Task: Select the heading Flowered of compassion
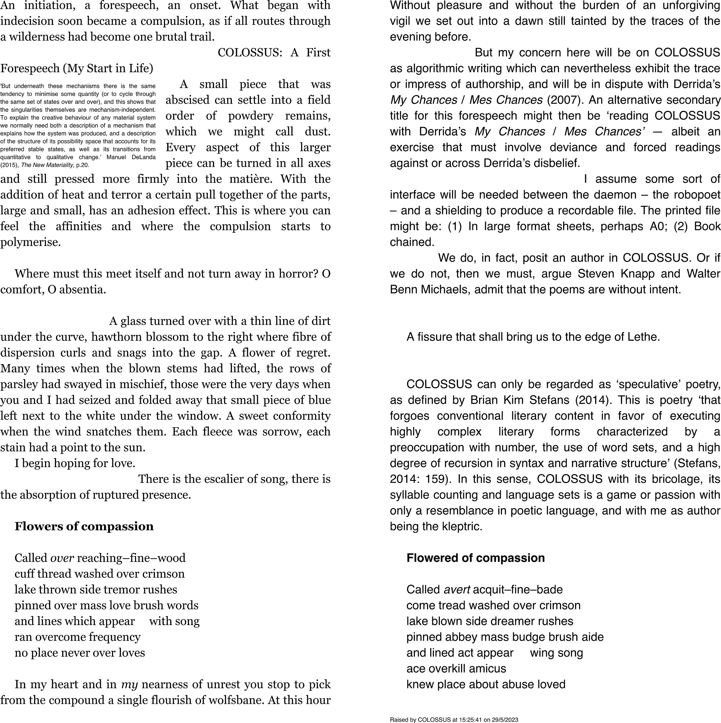475,558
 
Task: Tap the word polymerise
30,242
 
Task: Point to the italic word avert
456,589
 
